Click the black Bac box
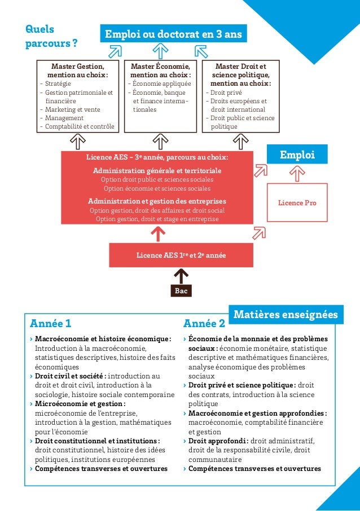tap(181, 291)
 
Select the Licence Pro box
tap(297, 202)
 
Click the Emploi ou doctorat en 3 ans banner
tap(171, 34)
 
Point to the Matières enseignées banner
tap(285, 314)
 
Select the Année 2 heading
tap(204, 324)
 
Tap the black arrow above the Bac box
tap(181, 275)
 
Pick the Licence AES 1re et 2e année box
tap(181, 255)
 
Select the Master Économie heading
tap(161, 71)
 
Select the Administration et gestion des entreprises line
tap(157, 201)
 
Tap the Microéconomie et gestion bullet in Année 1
tap(80, 404)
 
